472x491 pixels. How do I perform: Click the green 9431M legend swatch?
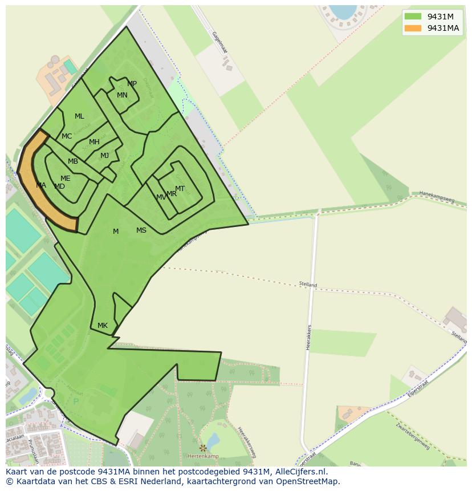point(413,17)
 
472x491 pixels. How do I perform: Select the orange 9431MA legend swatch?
point(413,28)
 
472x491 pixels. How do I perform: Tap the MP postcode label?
point(132,84)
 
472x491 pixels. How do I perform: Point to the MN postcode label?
point(122,95)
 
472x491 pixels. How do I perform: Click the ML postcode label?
point(79,116)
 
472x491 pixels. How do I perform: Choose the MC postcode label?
point(67,136)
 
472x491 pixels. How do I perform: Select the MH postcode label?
point(94,142)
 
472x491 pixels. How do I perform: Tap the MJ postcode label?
point(104,156)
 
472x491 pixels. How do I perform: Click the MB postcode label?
point(73,161)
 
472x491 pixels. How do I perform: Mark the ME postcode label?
point(66,178)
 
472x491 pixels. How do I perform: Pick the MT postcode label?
point(180,189)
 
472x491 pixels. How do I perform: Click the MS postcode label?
point(141,230)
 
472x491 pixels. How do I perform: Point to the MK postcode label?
point(103,326)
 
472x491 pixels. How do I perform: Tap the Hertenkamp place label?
point(204,456)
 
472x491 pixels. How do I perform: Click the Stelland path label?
point(308,284)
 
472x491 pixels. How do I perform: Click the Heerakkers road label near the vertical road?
point(308,337)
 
